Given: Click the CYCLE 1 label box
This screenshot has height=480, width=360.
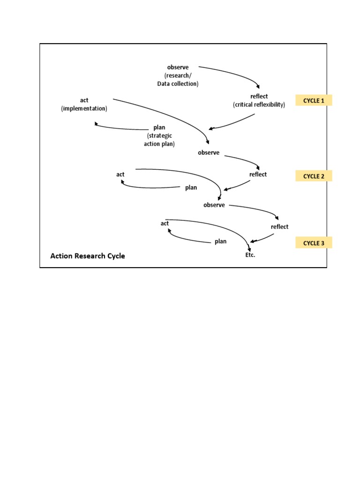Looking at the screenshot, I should [314, 100].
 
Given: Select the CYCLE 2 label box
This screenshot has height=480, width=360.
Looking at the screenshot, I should [314, 176].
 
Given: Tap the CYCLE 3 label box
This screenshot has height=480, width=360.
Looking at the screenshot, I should [314, 243].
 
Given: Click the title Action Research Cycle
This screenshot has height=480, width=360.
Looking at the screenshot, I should [88, 256].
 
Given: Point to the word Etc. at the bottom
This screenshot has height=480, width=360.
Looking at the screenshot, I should [249, 255].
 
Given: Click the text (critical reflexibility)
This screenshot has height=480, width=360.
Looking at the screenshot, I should [259, 105].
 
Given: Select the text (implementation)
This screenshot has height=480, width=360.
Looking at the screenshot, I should [84, 108].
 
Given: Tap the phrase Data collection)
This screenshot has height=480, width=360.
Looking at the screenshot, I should [178, 84].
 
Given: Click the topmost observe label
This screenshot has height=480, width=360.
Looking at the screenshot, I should [178, 67].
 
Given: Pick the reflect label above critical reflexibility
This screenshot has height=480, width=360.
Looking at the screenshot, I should [259, 97].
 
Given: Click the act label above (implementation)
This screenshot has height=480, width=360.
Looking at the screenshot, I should [84, 100].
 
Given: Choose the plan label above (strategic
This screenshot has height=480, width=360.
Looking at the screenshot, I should [159, 127].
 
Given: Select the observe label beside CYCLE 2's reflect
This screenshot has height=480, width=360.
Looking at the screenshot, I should [209, 153].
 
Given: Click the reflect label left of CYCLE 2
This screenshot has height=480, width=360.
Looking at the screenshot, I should [258, 174].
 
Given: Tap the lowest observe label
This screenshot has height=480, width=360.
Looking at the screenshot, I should [214, 205].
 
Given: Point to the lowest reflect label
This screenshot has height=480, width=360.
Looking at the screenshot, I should [280, 227].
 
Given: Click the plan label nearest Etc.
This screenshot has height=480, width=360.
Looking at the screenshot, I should [220, 241].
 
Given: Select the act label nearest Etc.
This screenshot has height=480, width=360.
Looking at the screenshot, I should [165, 224].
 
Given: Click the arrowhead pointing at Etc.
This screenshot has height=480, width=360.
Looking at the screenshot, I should [248, 248].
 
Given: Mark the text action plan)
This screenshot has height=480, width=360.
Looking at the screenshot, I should [159, 144].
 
